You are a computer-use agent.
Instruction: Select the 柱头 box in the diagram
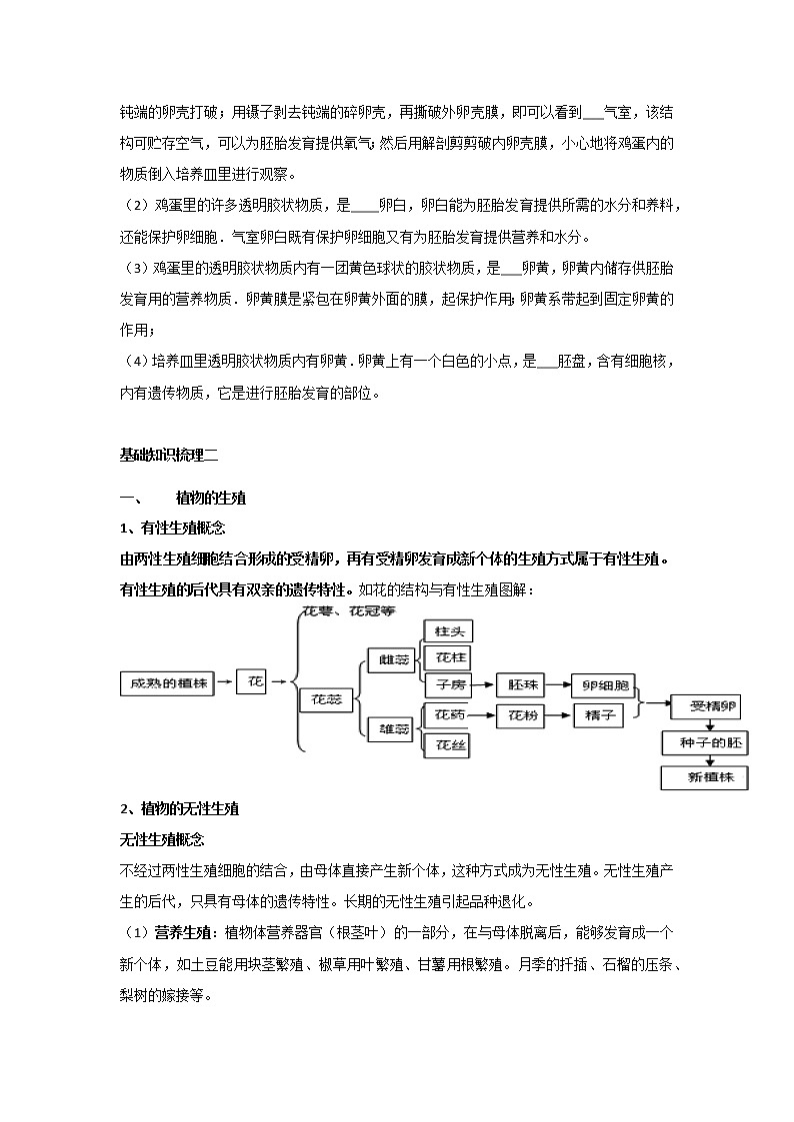tap(446, 631)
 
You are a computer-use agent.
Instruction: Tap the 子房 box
tap(446, 684)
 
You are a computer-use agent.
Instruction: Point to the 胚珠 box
tap(524, 684)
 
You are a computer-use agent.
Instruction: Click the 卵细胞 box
tap(604, 685)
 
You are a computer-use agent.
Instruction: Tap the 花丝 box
tap(446, 744)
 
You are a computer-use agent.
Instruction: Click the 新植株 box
tap(705, 777)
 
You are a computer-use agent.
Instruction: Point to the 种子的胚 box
tap(705, 743)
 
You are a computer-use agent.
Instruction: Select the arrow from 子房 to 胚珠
tap(484, 684)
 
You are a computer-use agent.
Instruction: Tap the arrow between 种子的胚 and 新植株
tap(705, 760)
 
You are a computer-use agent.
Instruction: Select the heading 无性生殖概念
tap(161, 838)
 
